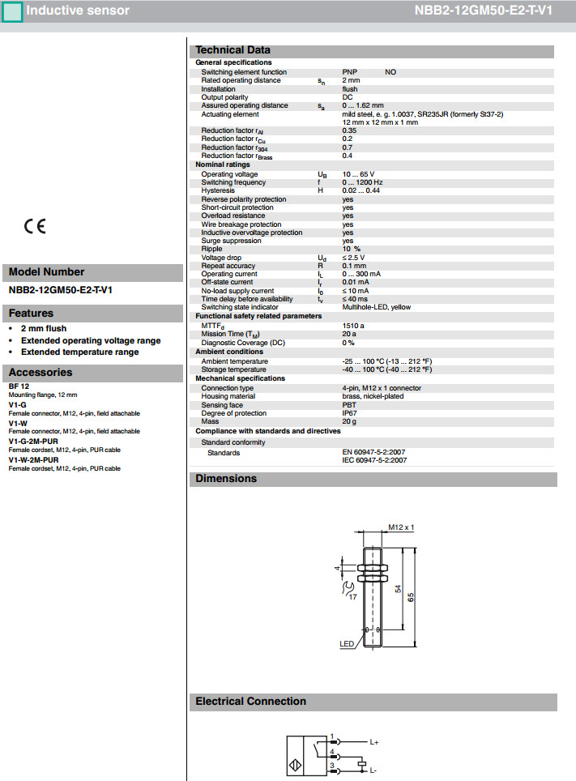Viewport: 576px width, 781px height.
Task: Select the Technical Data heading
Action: pyautogui.click(x=233, y=50)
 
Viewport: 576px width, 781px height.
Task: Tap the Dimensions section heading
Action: pyautogui.click(x=226, y=479)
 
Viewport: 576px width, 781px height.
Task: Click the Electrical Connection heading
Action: pyautogui.click(x=251, y=702)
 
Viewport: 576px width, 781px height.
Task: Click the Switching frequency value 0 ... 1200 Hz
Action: pyautogui.click(x=362, y=182)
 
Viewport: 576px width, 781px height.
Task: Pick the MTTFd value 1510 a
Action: pyautogui.click(x=353, y=325)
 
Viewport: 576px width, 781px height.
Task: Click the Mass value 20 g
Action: pyautogui.click(x=349, y=421)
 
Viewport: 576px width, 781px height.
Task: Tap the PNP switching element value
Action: pyautogui.click(x=349, y=72)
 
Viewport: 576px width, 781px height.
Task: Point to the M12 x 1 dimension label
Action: pyautogui.click(x=401, y=527)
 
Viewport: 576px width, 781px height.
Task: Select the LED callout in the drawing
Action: pyautogui.click(x=347, y=645)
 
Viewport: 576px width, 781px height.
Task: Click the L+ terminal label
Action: pyautogui.click(x=374, y=741)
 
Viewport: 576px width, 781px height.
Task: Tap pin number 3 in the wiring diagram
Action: pyautogui.click(x=332, y=765)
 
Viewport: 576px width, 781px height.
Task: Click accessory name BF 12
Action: pyautogui.click(x=19, y=386)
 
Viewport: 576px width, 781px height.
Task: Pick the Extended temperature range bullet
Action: pyautogui.click(x=79, y=352)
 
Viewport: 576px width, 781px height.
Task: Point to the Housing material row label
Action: pyautogui.click(x=228, y=396)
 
